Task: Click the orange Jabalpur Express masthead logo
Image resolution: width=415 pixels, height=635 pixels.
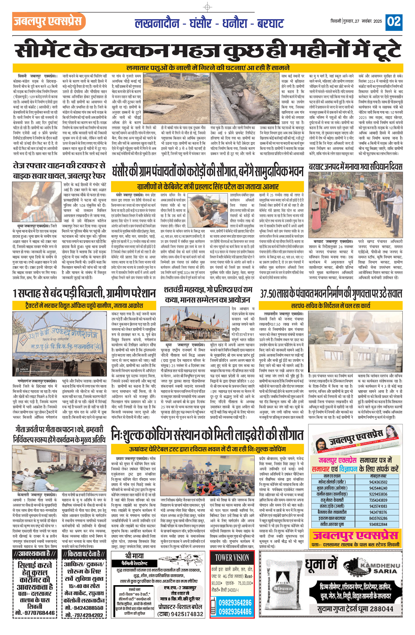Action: pos(49,21)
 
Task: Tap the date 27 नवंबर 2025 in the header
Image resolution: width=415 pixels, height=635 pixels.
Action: pos(369,21)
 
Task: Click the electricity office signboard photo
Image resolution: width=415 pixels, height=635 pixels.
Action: pos(59,344)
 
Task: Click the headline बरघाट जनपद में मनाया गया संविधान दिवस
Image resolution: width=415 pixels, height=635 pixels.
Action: pos(355,167)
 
